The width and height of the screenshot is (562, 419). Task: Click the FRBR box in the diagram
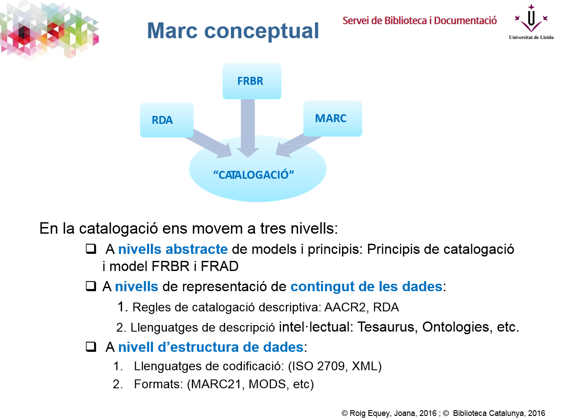tap(251, 81)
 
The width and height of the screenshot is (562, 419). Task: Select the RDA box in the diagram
tap(166, 120)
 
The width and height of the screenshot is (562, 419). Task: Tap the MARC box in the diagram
tap(332, 119)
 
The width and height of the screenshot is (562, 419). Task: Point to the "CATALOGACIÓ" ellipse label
tap(254, 175)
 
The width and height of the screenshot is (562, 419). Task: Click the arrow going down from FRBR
tap(248, 127)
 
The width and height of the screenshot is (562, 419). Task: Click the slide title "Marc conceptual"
tap(233, 31)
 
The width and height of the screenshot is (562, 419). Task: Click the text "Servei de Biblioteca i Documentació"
tap(419, 21)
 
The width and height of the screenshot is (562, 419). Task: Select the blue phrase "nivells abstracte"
tap(173, 249)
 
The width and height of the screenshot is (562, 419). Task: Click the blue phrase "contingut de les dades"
tap(366, 286)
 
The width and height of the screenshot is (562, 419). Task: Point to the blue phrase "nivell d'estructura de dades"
tap(211, 347)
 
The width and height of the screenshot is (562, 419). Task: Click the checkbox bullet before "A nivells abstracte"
tap(91, 249)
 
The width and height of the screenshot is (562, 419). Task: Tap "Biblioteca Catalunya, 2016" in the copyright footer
tap(499, 413)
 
